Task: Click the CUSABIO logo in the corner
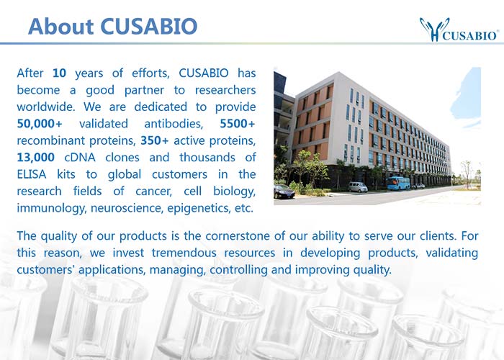[x=459, y=30]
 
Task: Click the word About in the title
[x=60, y=26]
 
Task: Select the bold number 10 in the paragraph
[x=59, y=73]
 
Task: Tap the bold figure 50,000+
[x=39, y=123]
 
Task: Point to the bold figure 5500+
[x=238, y=123]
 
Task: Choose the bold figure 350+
[x=154, y=140]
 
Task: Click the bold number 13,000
[x=36, y=158]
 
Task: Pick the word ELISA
[x=32, y=174]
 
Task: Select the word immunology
[x=51, y=208]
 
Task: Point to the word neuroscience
[x=127, y=208]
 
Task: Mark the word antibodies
[x=174, y=123]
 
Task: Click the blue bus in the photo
[x=398, y=183]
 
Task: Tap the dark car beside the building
[x=284, y=192]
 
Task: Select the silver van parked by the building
[x=358, y=187]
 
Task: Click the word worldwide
[x=46, y=107]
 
